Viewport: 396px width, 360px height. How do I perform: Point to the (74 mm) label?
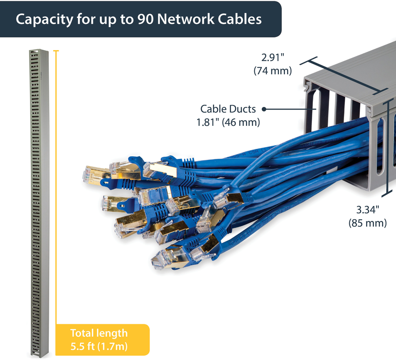click(x=273, y=70)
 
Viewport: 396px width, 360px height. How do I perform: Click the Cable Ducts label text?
click(x=228, y=109)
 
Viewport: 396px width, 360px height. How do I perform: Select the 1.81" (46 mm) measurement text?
click(x=228, y=122)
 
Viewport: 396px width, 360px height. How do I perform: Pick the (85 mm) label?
click(x=368, y=223)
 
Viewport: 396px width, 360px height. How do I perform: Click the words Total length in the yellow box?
click(x=99, y=333)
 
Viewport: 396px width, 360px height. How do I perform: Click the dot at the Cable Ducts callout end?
click(x=265, y=109)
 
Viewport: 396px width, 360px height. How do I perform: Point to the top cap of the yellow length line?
click(x=56, y=51)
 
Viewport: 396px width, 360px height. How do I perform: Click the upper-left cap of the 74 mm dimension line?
click(x=313, y=61)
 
